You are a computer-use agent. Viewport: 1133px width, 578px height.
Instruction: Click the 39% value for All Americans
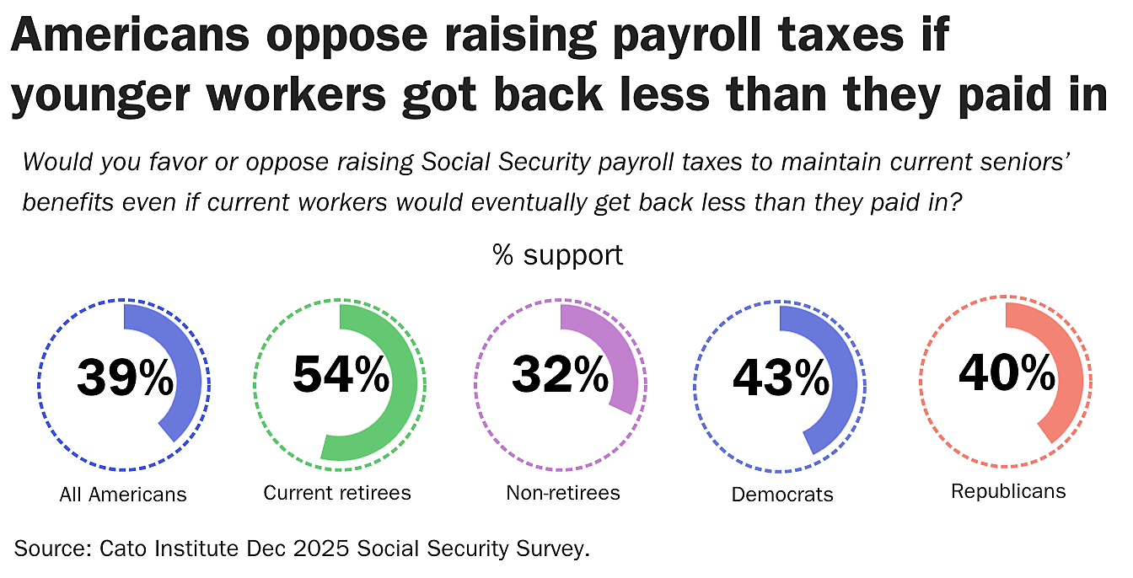pos(125,377)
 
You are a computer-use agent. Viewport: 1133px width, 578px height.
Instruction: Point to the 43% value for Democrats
pos(781,377)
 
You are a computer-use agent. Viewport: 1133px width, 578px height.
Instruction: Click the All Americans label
pos(123,495)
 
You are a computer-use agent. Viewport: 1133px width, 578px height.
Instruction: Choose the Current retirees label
pos(337,493)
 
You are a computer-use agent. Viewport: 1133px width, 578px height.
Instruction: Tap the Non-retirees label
pos(563,493)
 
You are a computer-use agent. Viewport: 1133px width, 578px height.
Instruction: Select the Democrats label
pos(782,495)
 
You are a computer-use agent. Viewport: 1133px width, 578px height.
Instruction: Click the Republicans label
pos(1008,491)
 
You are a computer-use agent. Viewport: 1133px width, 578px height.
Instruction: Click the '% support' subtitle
pos(558,254)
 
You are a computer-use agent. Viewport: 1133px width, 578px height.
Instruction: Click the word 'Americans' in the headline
pos(130,37)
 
